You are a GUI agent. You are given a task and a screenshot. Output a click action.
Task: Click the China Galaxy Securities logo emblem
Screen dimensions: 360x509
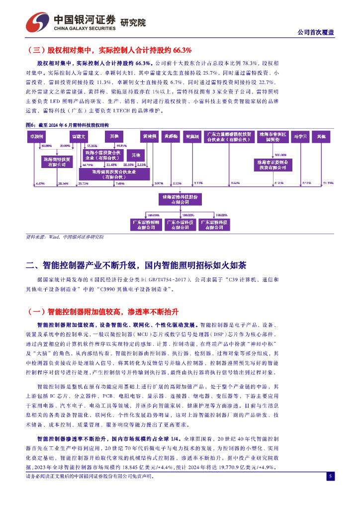pos(37,20)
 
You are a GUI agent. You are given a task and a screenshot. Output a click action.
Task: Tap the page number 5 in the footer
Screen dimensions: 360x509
pos(330,477)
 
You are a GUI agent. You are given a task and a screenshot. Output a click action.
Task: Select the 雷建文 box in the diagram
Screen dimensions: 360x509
pos(79,136)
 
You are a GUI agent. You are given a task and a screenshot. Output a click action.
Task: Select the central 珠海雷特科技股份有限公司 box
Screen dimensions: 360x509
pos(180,200)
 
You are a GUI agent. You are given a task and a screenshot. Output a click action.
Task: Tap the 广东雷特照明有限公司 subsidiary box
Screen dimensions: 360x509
pos(146,224)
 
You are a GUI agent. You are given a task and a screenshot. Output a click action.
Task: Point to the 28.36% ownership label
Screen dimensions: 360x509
pos(63,183)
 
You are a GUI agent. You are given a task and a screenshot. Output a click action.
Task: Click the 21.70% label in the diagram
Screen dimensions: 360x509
pos(328,183)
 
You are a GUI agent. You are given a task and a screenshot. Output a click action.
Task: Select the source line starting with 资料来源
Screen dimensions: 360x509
pos(65,238)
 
